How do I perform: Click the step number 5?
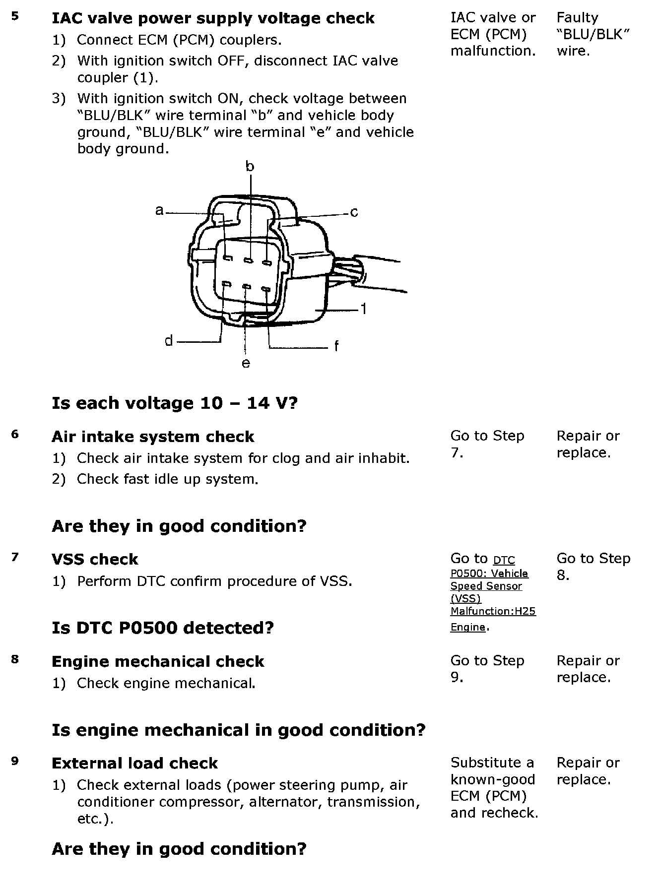pyautogui.click(x=15, y=16)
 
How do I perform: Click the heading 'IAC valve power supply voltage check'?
pyautogui.click(x=213, y=18)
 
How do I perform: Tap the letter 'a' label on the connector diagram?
pyautogui.click(x=159, y=211)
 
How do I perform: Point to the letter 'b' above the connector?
pyautogui.click(x=250, y=167)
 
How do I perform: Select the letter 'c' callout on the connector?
pyautogui.click(x=354, y=213)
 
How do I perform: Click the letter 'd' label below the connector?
pyautogui.click(x=169, y=341)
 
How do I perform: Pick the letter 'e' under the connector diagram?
pyautogui.click(x=246, y=364)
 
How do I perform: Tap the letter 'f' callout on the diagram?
pyautogui.click(x=336, y=346)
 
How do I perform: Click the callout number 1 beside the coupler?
pyautogui.click(x=364, y=309)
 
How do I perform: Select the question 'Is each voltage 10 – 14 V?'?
pyautogui.click(x=174, y=403)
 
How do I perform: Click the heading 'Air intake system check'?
pyautogui.click(x=153, y=437)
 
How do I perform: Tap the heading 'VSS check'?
pyautogui.click(x=95, y=559)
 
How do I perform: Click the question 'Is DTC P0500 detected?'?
pyautogui.click(x=163, y=628)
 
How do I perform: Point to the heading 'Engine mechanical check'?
pyautogui.click(x=158, y=661)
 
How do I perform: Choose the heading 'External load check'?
pyautogui.click(x=134, y=763)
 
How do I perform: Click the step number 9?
pyautogui.click(x=15, y=761)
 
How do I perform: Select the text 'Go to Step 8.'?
pyautogui.click(x=593, y=567)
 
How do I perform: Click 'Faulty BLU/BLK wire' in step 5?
pyautogui.click(x=593, y=34)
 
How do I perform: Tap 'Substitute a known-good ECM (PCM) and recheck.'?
pyautogui.click(x=494, y=787)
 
